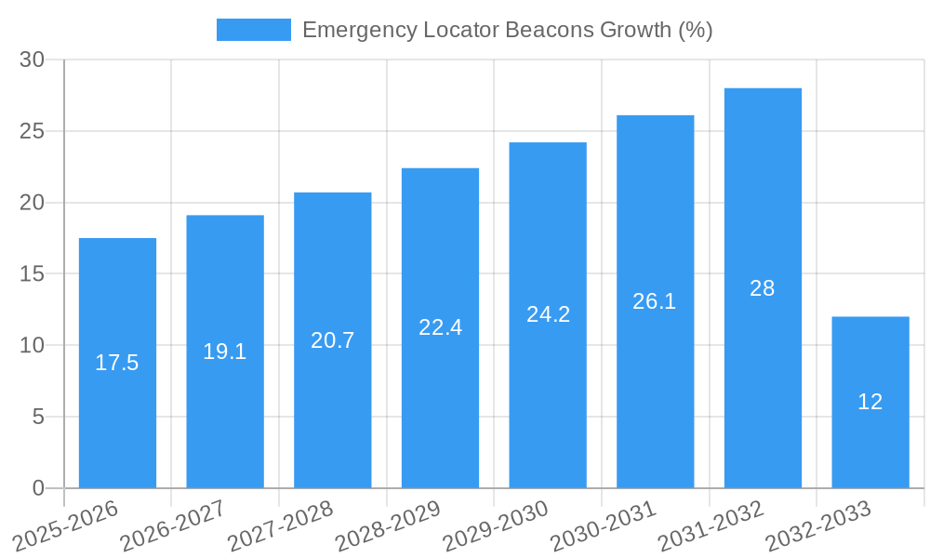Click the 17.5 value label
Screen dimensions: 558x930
(x=117, y=363)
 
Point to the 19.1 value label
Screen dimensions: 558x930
(x=225, y=352)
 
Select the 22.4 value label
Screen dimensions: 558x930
(x=440, y=327)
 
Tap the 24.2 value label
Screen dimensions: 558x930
(x=548, y=314)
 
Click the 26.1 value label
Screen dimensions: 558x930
(x=655, y=301)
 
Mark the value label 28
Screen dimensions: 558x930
(x=763, y=288)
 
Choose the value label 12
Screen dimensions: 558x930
(x=870, y=402)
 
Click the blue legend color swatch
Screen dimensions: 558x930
(x=253, y=30)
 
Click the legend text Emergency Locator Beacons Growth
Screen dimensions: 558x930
(x=507, y=30)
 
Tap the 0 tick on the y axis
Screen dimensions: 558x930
(x=38, y=488)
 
